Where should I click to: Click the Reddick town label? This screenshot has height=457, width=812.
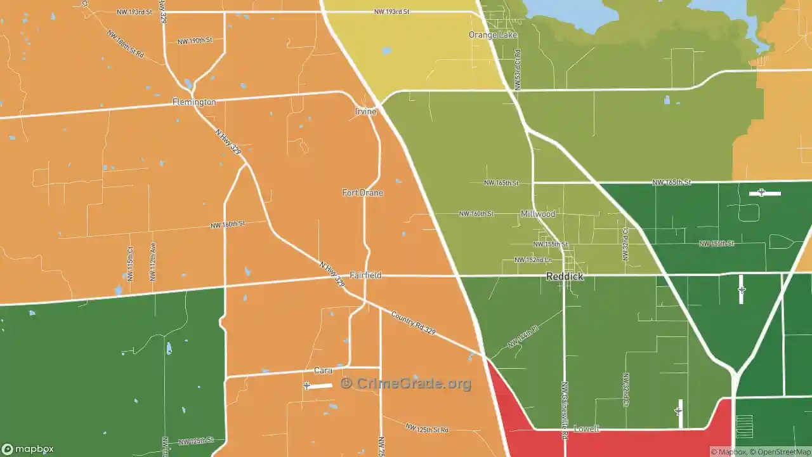[565, 277]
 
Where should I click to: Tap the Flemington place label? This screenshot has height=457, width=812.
[194, 102]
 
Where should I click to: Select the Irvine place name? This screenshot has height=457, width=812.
[365, 112]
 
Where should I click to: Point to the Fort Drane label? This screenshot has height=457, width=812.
[362, 193]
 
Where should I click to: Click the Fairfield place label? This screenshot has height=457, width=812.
[365, 275]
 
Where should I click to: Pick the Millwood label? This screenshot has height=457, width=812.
[538, 215]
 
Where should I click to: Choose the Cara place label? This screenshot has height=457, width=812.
[324, 371]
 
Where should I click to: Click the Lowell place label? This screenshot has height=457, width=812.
[586, 429]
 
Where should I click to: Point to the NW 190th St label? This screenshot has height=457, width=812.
[195, 41]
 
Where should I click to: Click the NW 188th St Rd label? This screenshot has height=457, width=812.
[125, 44]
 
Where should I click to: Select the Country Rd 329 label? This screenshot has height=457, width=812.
[413, 322]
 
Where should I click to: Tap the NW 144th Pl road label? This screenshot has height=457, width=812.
[523, 337]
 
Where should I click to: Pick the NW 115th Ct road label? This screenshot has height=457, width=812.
[131, 264]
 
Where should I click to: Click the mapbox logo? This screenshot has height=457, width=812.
[28, 449]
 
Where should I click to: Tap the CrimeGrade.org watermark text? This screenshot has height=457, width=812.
[406, 383]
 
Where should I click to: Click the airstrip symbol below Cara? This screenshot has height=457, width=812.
[307, 386]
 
